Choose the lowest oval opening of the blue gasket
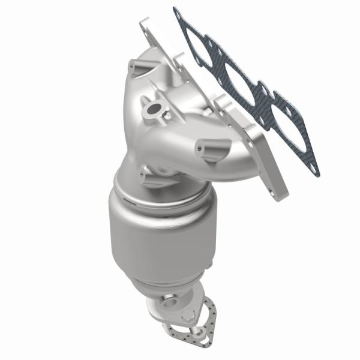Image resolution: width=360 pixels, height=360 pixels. click(264, 110)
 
